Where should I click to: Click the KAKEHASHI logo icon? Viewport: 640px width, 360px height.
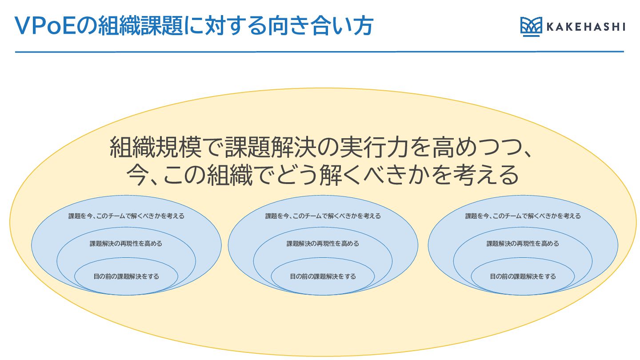(531, 27)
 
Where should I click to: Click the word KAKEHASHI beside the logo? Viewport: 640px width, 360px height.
(585, 27)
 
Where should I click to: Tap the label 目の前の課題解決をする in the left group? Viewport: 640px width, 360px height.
(126, 276)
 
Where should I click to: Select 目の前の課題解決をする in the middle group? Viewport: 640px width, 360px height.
(323, 276)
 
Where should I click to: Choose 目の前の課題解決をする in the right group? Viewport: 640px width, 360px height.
(523, 276)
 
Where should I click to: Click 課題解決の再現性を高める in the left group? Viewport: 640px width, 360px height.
(126, 244)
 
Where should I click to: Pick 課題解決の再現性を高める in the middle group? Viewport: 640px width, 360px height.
(323, 244)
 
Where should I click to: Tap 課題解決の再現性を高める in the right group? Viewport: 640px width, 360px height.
(523, 244)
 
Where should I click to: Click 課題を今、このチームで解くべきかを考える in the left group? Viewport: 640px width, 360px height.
(126, 216)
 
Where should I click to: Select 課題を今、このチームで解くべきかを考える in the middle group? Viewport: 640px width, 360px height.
(323, 216)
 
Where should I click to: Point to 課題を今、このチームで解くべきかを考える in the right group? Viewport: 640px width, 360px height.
(523, 216)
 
